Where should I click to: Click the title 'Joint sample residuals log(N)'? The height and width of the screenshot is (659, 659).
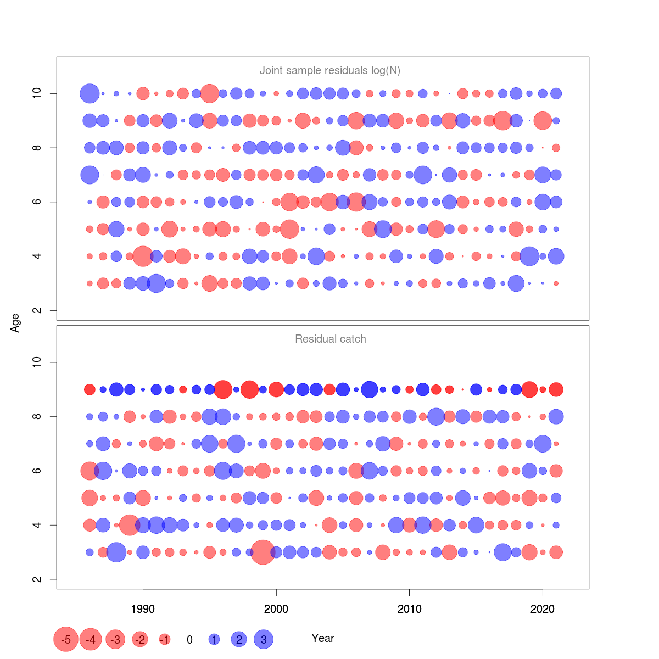click(x=329, y=70)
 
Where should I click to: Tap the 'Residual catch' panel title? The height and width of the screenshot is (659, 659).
click(x=330, y=339)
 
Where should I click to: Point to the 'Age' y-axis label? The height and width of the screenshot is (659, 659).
click(x=15, y=323)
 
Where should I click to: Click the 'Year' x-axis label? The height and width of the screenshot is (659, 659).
click(x=322, y=638)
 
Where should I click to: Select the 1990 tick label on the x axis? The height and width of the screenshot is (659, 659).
click(x=143, y=608)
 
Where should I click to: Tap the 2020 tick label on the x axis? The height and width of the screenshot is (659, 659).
click(x=543, y=608)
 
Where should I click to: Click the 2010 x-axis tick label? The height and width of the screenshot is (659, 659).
click(x=409, y=608)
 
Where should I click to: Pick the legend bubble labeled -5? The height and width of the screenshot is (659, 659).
click(x=66, y=639)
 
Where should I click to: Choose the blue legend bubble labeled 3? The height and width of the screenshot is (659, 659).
click(x=264, y=639)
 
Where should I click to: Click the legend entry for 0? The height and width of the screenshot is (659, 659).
click(x=189, y=640)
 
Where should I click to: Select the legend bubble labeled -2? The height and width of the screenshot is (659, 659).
click(x=140, y=639)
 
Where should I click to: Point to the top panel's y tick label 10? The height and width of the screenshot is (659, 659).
click(x=37, y=93)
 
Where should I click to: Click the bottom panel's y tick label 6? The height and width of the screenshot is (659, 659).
click(x=37, y=471)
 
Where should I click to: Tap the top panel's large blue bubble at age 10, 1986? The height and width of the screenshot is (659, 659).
click(x=90, y=93)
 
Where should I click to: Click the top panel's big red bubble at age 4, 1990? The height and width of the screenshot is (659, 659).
click(x=143, y=256)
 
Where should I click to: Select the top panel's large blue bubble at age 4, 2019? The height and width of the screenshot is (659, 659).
click(x=529, y=256)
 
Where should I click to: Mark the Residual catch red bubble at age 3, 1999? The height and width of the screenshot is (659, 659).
click(x=263, y=552)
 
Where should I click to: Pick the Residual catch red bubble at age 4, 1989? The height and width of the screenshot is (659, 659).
click(x=130, y=525)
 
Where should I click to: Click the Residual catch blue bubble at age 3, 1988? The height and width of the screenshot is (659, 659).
click(x=116, y=552)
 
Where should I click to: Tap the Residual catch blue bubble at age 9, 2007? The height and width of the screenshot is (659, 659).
click(x=370, y=389)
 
